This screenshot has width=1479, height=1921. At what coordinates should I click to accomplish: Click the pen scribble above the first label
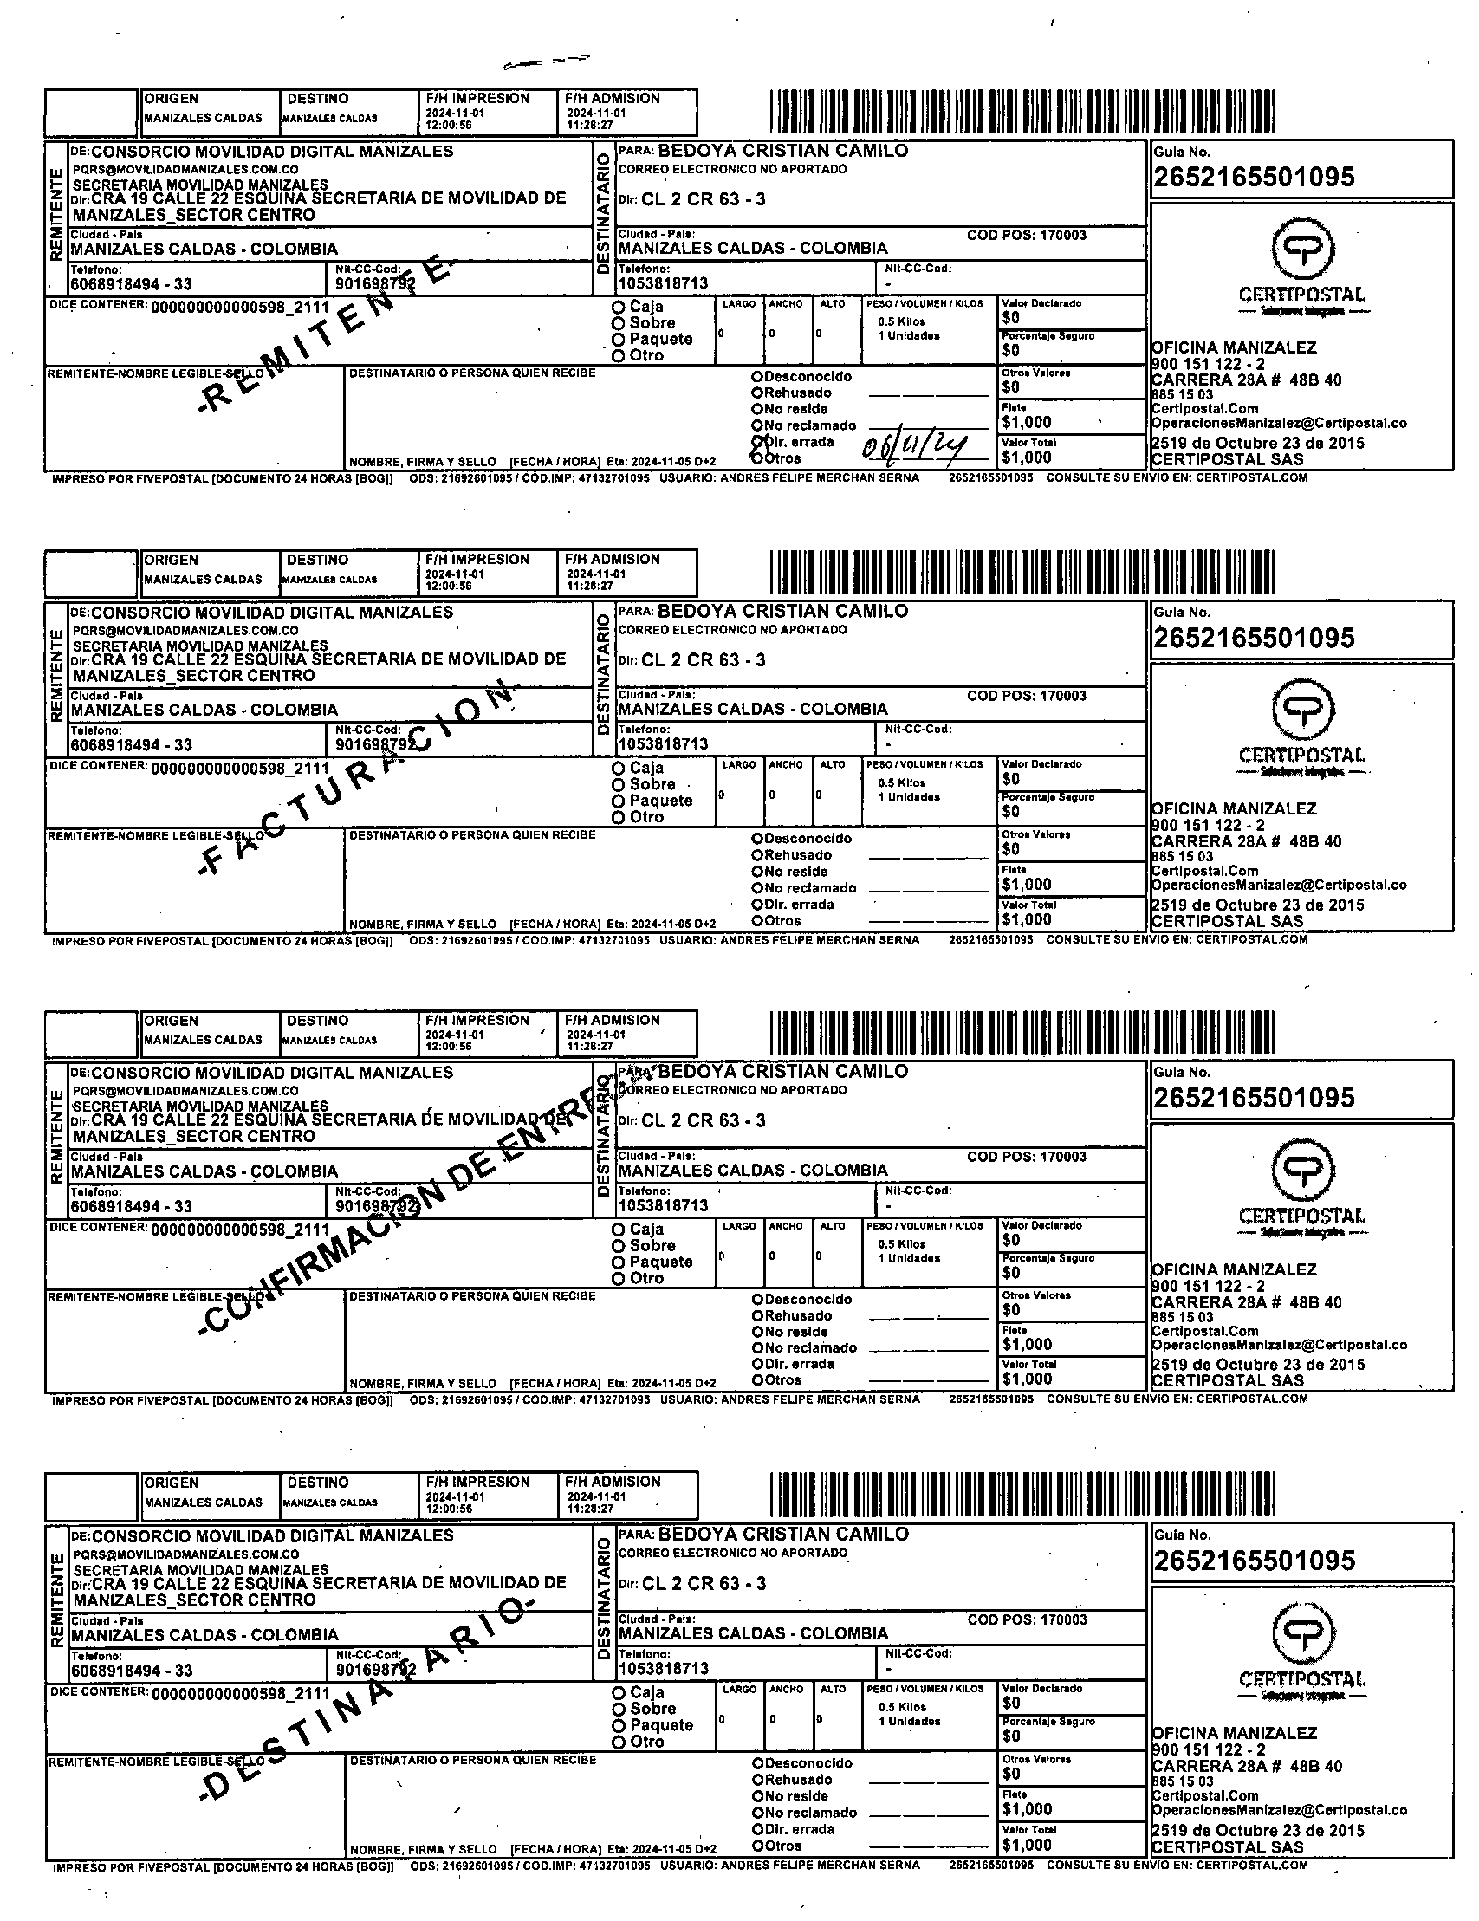(545, 62)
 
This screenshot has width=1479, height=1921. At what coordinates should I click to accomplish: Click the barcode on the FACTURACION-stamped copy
(1021, 572)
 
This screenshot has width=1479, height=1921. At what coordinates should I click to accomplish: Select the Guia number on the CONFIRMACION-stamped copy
(1253, 1098)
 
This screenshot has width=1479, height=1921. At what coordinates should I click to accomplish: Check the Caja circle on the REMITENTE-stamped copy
(618, 307)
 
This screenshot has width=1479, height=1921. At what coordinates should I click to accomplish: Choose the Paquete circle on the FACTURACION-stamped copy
(618, 801)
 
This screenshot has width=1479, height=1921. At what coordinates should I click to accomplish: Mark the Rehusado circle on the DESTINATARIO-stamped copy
(757, 1780)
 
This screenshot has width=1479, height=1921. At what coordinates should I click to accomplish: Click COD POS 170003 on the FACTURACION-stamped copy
(1026, 696)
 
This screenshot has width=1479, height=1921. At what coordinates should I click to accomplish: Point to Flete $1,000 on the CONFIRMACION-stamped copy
(1026, 1344)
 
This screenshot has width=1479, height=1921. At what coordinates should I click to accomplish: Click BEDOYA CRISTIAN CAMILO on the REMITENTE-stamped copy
(782, 151)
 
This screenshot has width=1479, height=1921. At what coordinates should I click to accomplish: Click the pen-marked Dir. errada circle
(757, 442)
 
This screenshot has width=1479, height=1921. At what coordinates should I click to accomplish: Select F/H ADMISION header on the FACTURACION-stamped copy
(612, 560)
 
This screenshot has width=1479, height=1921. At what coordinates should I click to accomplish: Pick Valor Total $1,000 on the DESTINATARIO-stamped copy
(1026, 1845)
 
